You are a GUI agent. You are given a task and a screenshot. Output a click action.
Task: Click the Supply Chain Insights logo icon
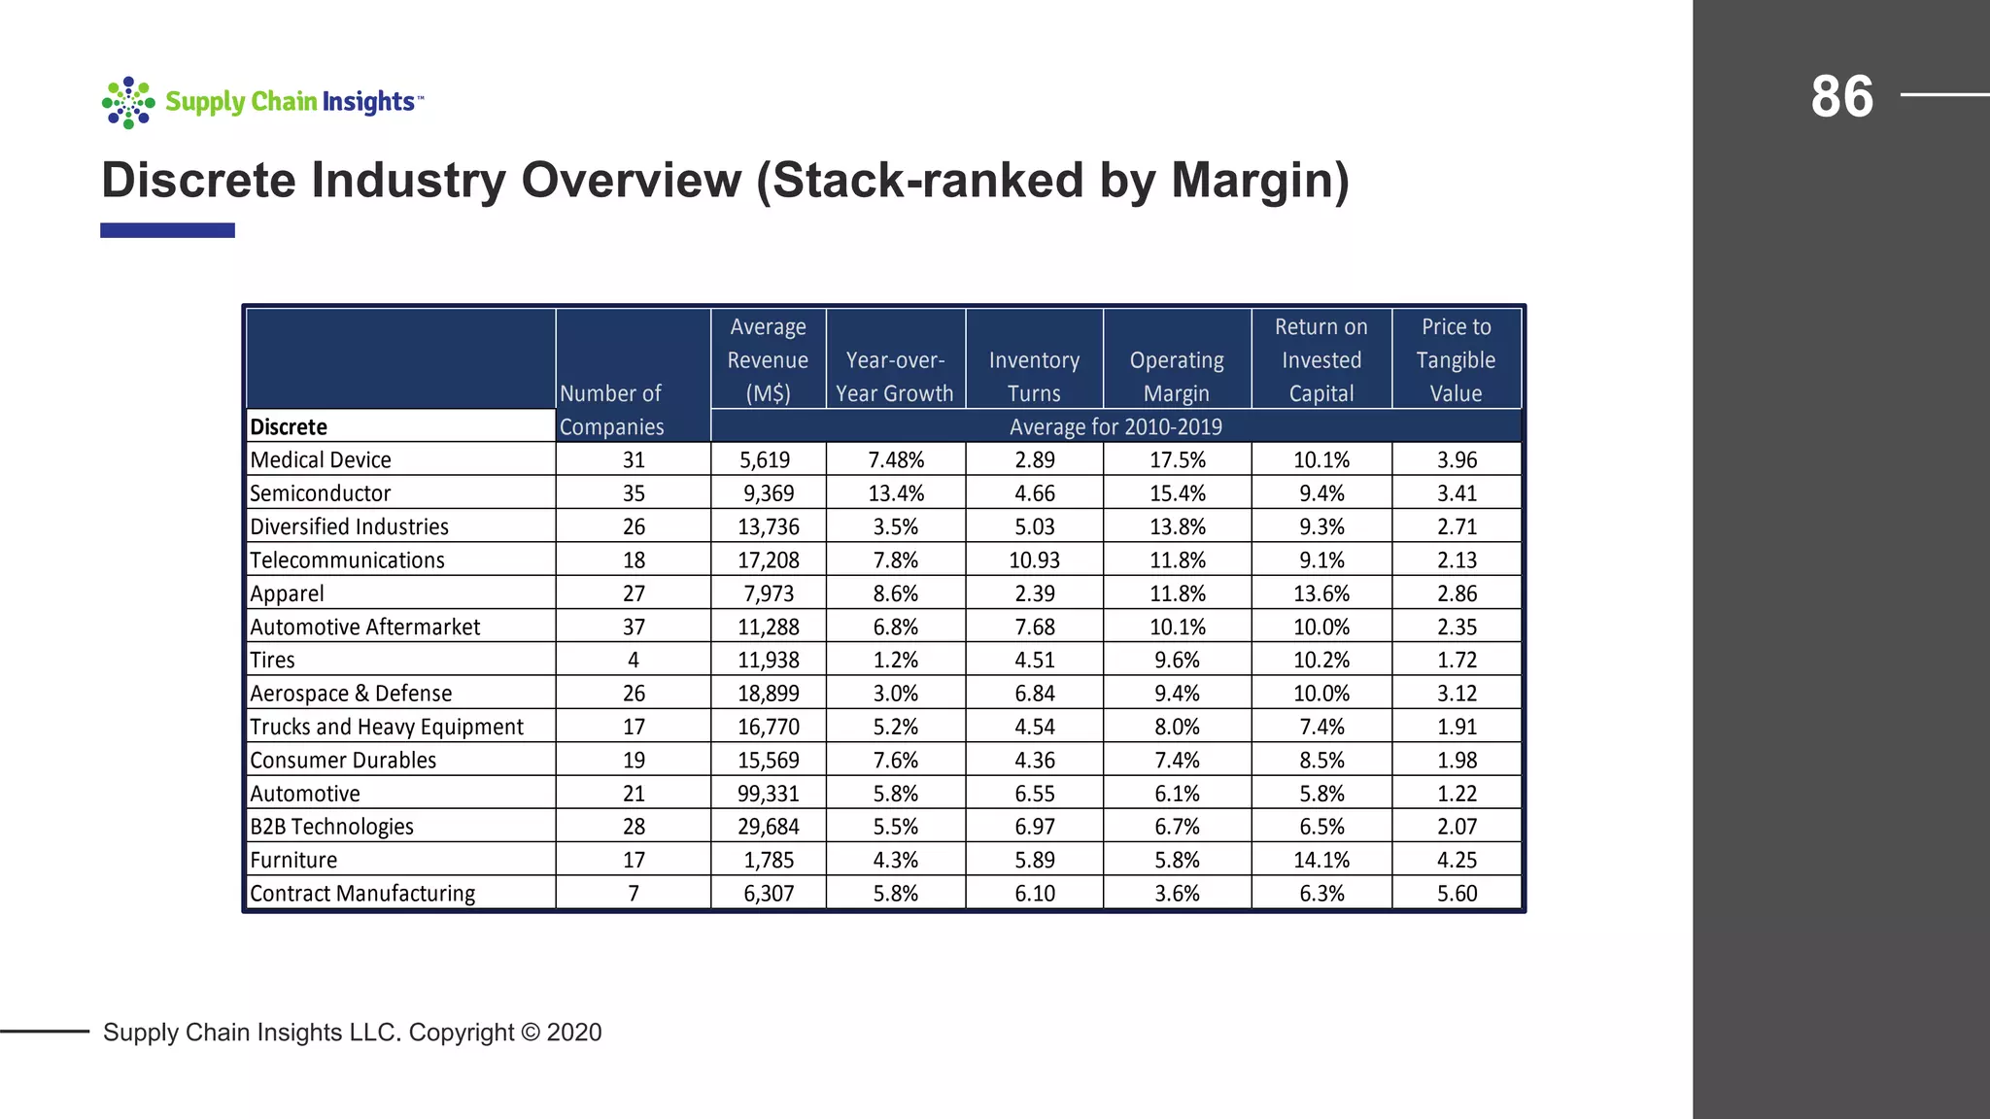point(128,102)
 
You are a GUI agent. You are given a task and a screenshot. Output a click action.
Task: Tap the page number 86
point(1841,97)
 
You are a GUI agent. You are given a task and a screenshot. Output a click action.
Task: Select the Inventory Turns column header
point(1034,377)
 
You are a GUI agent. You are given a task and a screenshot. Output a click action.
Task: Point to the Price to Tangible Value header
point(1456,360)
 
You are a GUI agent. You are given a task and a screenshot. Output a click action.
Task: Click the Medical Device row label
point(321,459)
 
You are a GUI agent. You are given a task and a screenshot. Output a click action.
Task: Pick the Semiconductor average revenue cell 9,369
point(769,493)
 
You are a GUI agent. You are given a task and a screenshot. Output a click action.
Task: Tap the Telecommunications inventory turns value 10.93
point(1034,560)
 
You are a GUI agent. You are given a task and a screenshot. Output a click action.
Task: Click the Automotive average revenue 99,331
point(768,794)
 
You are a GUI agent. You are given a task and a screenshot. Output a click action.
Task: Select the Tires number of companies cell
point(634,661)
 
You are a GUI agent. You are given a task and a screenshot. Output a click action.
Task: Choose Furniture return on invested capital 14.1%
point(1321,861)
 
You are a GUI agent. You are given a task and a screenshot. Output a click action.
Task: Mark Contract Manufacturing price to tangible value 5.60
point(1457,894)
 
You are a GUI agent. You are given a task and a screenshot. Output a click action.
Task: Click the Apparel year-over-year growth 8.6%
point(895,593)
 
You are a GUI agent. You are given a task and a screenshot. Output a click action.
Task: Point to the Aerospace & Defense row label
point(351,694)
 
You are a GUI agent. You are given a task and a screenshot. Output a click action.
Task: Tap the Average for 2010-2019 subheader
point(1115,426)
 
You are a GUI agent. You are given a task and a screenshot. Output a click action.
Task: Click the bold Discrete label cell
point(289,426)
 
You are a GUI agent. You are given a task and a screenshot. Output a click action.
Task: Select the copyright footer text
point(352,1033)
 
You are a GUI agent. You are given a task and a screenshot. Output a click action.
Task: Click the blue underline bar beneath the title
point(167,230)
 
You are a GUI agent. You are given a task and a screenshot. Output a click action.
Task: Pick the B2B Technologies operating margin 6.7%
point(1177,827)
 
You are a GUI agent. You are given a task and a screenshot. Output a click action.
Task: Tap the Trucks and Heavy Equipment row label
point(386,727)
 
